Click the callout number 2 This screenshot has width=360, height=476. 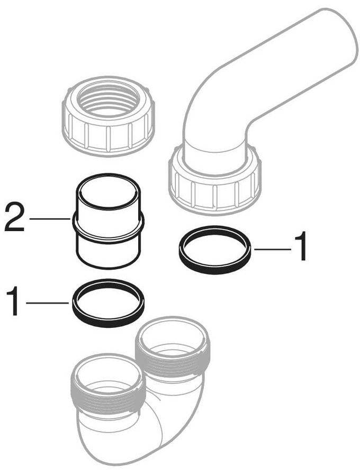pyautogui.click(x=15, y=217)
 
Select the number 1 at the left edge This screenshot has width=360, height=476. pyautogui.click(x=13, y=301)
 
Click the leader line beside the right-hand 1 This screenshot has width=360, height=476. pyautogui.click(x=273, y=250)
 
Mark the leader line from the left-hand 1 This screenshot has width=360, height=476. pyautogui.click(x=48, y=303)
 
